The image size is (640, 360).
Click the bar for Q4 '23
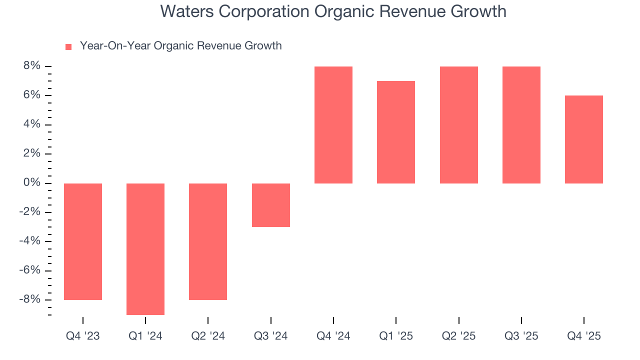pos(83,241)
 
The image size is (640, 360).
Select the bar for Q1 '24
pos(145,249)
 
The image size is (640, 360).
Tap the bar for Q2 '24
pos(208,241)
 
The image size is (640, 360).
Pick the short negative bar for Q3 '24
pos(270,205)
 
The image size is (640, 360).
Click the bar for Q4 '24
pos(333,125)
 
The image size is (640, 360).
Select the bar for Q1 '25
pos(396,132)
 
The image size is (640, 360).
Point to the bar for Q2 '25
pos(458,125)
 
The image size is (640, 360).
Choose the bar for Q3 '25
pos(521,125)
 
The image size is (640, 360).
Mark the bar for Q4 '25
pos(584,139)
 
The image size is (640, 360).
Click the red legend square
pos(68,47)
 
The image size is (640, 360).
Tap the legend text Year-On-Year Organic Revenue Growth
pos(181,46)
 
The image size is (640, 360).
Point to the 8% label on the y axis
pos(30,66)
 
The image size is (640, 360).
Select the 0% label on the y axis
pos(30,183)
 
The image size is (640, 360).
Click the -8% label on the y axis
pos(29,299)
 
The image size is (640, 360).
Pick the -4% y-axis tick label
pos(29,241)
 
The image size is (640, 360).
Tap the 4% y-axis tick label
pos(30,124)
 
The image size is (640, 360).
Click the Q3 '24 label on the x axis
pos(270,336)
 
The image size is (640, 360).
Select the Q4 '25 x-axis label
pos(584,336)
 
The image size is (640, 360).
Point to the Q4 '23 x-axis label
pos(83,336)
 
